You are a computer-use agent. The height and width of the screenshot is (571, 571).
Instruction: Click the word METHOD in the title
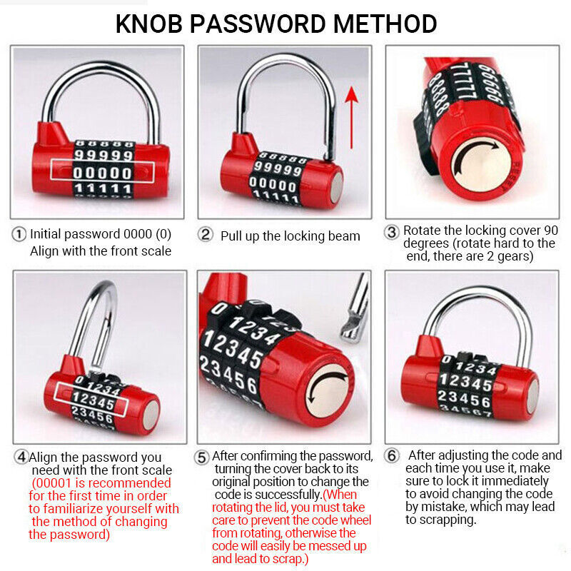(x=386, y=24)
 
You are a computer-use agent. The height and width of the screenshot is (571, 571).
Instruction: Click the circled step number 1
(x=20, y=234)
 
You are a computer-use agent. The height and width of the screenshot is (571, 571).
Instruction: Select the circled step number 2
(x=206, y=235)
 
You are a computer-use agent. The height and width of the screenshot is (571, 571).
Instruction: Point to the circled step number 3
(x=392, y=231)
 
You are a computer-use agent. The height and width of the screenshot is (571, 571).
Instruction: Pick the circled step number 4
(x=21, y=457)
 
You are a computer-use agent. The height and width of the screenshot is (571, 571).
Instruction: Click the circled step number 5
(x=203, y=456)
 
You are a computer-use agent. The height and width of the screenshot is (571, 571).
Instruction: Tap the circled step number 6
(x=392, y=456)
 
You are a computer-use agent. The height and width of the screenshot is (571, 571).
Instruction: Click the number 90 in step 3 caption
(x=549, y=231)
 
